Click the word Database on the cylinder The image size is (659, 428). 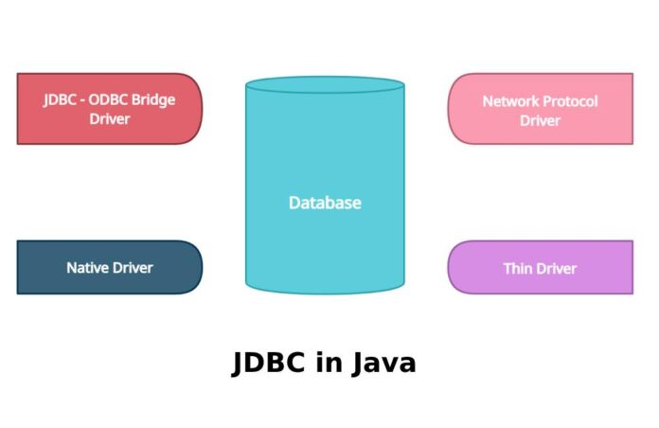(325, 203)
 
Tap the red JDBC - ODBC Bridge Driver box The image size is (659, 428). (109, 109)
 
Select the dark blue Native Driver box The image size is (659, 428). (109, 267)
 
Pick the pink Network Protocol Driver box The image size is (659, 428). (540, 109)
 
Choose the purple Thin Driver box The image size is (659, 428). (540, 267)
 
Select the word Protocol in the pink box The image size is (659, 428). (572, 101)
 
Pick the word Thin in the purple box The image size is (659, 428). (517, 268)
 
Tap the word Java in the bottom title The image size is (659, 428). (383, 364)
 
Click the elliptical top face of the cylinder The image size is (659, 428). (325, 84)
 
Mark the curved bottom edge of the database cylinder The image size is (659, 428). (325, 291)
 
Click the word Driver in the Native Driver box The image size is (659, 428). (133, 268)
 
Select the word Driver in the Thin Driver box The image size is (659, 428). (557, 268)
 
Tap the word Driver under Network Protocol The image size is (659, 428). (540, 120)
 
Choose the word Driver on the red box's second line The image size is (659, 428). (109, 119)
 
